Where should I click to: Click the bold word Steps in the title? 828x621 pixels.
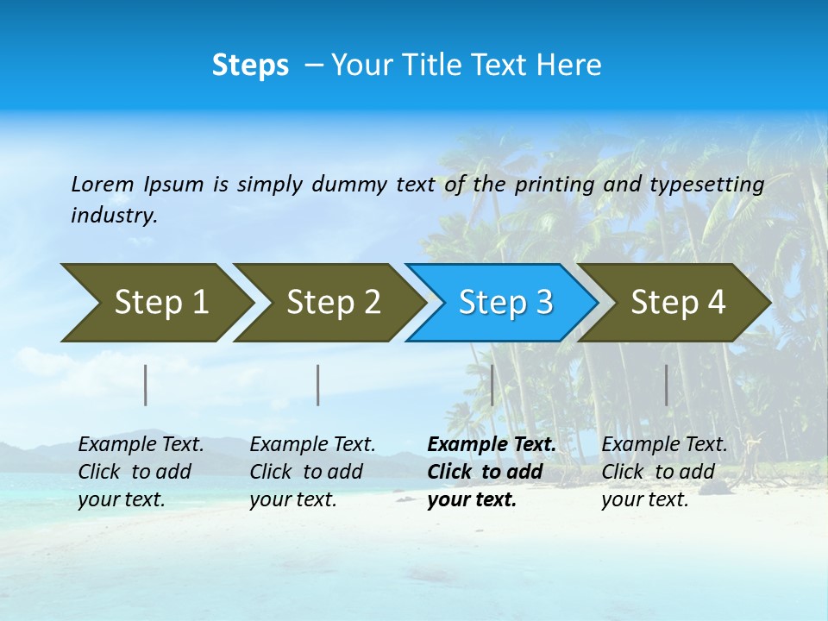250,66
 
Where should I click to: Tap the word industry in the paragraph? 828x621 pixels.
113,215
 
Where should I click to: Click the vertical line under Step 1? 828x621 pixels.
146,385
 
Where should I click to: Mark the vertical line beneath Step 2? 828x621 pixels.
318,385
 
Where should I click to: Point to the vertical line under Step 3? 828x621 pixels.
492,385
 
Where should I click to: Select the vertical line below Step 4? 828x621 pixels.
666,385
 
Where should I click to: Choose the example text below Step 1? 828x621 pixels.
141,472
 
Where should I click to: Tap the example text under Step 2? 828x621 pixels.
312,472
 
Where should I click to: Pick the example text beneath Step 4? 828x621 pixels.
664,472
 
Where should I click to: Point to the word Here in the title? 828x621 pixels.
569,66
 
